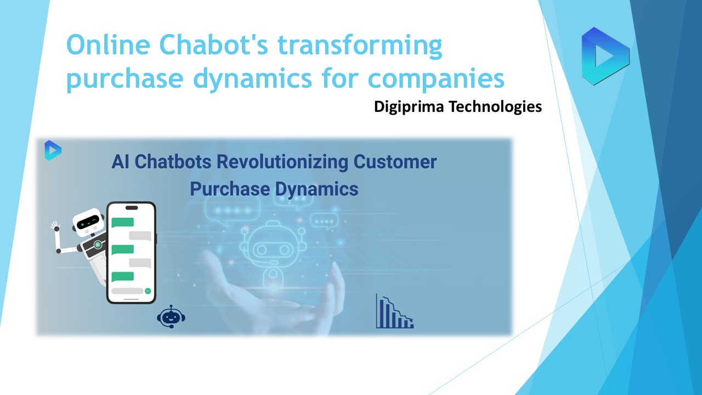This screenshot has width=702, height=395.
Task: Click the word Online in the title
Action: (x=109, y=45)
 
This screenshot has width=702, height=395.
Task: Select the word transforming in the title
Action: (x=360, y=47)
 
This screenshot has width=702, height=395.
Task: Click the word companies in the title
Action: (x=436, y=80)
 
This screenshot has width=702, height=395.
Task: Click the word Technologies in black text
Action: (x=495, y=107)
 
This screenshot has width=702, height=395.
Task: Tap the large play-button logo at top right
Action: (x=605, y=57)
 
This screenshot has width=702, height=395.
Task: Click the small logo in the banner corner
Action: (x=53, y=150)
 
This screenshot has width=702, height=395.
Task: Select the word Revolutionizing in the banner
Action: (x=282, y=162)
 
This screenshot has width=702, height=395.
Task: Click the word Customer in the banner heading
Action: (x=395, y=162)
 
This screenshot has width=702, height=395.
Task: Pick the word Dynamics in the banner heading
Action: (x=316, y=190)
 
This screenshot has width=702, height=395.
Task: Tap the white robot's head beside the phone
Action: (x=89, y=222)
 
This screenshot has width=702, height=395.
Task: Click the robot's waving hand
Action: (x=55, y=225)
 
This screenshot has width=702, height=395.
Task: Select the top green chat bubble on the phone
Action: (x=122, y=222)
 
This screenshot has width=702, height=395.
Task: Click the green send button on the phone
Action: (x=148, y=291)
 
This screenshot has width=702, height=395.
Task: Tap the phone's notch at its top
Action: (x=132, y=208)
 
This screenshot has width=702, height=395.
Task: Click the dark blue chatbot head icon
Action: (x=171, y=317)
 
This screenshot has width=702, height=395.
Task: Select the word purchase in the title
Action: (x=124, y=80)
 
